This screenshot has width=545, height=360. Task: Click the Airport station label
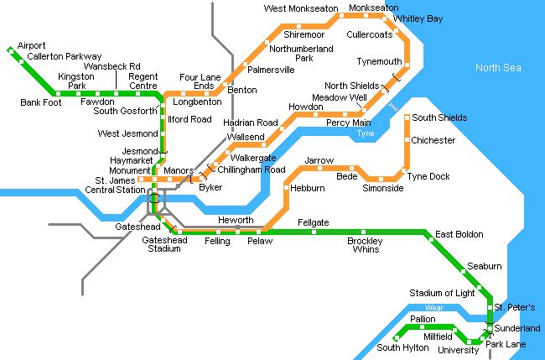31,45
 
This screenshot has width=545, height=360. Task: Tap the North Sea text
499,68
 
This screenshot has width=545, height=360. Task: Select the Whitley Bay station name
418,18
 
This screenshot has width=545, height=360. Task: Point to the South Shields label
439,118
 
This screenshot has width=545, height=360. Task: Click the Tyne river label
365,133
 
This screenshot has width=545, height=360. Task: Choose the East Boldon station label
459,235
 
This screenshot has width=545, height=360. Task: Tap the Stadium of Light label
442,293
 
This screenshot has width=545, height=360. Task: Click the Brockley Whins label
365,244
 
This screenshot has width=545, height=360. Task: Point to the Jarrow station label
319,159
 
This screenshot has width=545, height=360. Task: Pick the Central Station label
115,190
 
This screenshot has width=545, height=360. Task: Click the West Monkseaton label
301,8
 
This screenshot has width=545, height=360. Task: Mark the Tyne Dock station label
428,176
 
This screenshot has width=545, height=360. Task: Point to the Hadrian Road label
251,123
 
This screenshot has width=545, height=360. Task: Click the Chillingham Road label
252,170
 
